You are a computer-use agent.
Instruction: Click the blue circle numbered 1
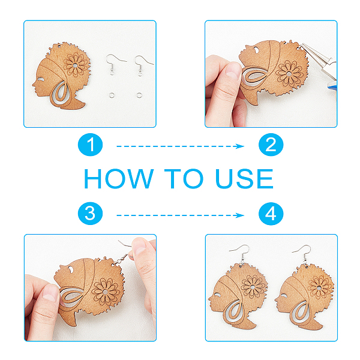coord(90,145)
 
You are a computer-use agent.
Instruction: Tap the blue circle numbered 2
coord(271,145)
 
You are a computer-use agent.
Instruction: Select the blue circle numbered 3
coord(90,214)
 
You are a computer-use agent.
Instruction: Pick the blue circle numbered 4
coord(271,214)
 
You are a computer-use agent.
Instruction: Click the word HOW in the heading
coord(119,179)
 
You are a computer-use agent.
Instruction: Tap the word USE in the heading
coord(245,179)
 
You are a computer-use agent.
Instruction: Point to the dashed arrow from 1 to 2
coord(180,146)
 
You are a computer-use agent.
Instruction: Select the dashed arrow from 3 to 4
coord(180,215)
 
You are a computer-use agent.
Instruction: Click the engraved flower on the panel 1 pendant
coord(76,65)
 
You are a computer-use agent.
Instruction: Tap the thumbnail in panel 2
coord(233,70)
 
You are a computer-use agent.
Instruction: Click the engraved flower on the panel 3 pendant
coord(106,292)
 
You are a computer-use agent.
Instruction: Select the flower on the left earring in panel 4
coord(253,287)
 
